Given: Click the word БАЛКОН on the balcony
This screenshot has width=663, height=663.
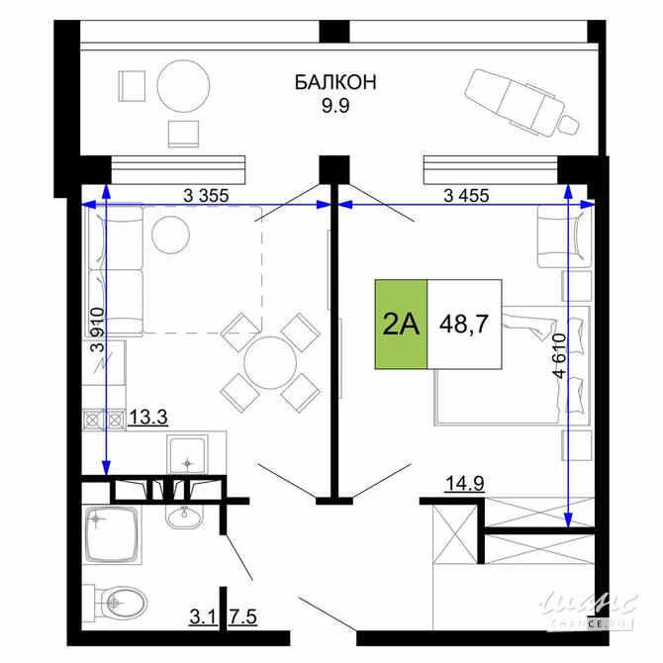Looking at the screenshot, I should pos(334,82).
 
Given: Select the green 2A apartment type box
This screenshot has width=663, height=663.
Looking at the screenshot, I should pos(401,325).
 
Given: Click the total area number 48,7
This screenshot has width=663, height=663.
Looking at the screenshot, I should pos(463,325).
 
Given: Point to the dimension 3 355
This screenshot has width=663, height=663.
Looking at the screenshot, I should pos(206,195).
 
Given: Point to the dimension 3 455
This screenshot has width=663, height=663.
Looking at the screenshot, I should pos(444,195).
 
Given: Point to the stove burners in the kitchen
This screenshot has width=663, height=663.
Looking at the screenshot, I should pos(104,419).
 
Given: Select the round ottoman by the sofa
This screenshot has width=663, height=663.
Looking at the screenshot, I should pos(170,234).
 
